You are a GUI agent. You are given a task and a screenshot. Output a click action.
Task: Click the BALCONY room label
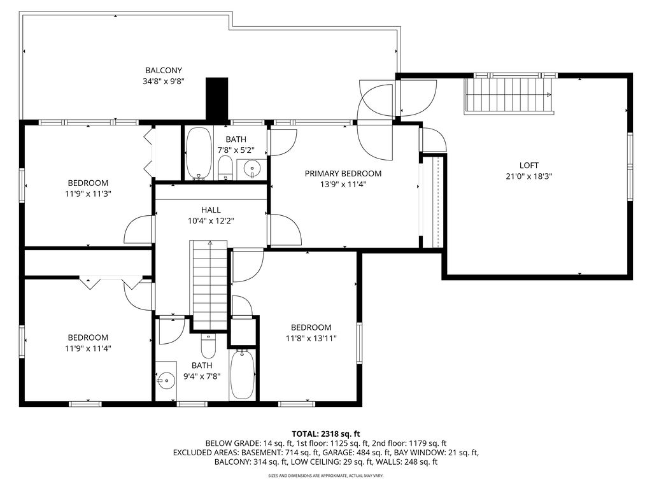pos(164,71)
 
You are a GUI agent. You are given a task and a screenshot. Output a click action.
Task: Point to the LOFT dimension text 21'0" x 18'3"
pos(529,177)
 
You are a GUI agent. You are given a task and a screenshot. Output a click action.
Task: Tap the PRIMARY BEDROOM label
pos(343,174)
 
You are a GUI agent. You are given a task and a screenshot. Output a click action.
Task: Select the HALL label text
pos(211,209)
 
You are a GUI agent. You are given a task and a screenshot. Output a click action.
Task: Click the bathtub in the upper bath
pos(199,153)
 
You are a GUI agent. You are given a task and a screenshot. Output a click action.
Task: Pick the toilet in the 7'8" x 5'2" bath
pos(225,168)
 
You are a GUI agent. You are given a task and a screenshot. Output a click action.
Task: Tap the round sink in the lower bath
pos(166,380)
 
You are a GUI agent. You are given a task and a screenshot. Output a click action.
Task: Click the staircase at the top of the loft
pos(509,94)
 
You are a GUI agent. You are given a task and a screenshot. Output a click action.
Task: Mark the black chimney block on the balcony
pos(217,99)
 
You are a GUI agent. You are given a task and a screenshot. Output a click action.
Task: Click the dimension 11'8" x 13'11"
pos(311,339)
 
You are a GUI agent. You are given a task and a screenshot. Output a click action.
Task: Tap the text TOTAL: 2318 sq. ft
pos(325,432)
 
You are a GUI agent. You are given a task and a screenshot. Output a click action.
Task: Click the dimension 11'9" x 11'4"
pos(88,348)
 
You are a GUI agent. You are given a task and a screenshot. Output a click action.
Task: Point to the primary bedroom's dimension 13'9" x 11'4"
pos(343,185)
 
